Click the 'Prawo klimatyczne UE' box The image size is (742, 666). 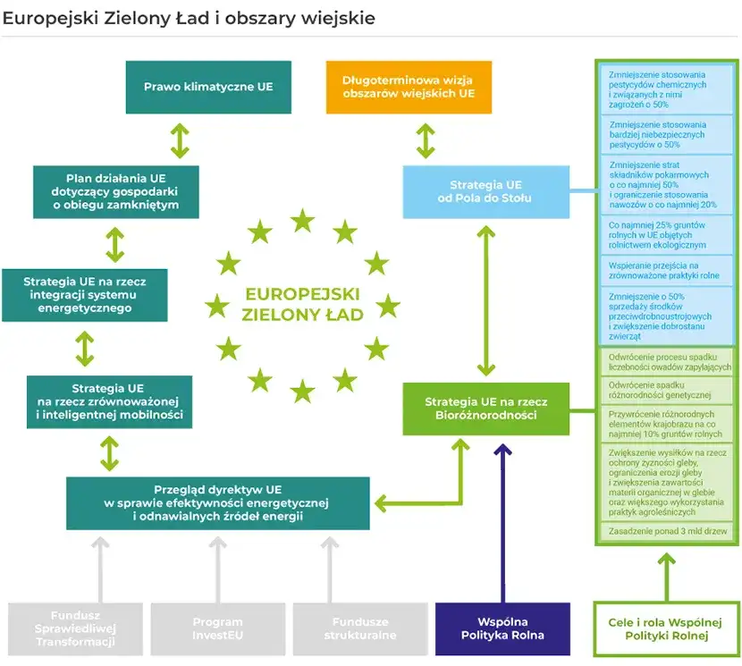(x=208, y=87)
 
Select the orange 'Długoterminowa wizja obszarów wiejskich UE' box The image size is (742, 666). (x=409, y=87)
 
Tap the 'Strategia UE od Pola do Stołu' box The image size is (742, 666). (x=485, y=190)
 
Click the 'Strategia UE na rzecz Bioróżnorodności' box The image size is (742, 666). (x=485, y=409)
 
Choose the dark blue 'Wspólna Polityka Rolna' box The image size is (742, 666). (x=502, y=628)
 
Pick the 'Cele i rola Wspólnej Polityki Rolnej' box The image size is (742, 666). (x=666, y=628)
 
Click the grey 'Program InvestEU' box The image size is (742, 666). (x=217, y=628)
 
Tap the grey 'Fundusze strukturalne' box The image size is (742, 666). (x=359, y=628)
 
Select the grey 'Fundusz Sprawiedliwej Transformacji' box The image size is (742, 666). (x=75, y=628)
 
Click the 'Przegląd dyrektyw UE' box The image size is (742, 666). (x=217, y=502)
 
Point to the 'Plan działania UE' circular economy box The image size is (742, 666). (x=116, y=191)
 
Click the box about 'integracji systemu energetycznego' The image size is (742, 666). (x=85, y=294)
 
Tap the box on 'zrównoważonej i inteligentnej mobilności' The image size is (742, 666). (x=109, y=402)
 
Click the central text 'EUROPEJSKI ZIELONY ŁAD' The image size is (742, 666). (x=302, y=304)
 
